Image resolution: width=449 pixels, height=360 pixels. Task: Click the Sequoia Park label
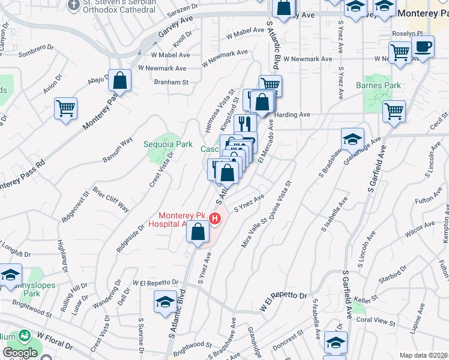(168, 144)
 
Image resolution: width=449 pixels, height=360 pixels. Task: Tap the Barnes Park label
(383, 86)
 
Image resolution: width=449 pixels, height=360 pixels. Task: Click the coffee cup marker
(423, 47)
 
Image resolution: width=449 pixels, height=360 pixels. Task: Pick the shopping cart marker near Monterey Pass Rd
(66, 109)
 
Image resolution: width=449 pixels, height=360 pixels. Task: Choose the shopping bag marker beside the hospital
(197, 232)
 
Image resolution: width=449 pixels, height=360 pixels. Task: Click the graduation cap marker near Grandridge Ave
(352, 140)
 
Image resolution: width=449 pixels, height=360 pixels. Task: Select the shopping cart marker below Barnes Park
(394, 110)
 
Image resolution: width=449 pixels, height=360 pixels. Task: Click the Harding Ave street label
(292, 115)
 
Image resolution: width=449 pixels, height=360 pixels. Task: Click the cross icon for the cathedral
(73, 6)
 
